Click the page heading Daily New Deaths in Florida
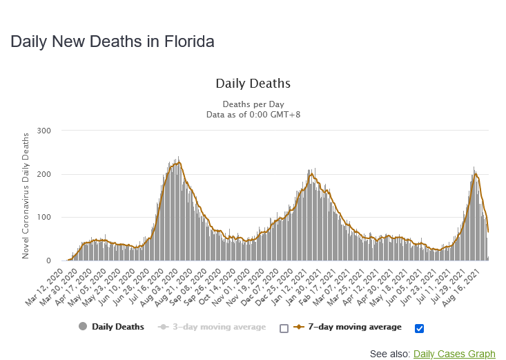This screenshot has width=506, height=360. pyautogui.click(x=113, y=41)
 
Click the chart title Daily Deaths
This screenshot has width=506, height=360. pyautogui.click(x=253, y=84)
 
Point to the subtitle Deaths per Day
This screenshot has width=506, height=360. pyautogui.click(x=253, y=104)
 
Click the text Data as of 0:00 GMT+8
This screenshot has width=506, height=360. pyautogui.click(x=253, y=114)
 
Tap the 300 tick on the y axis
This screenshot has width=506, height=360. pyautogui.click(x=44, y=131)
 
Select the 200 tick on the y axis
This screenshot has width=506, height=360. pyautogui.click(x=44, y=174)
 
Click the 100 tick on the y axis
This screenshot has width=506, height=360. pyautogui.click(x=44, y=218)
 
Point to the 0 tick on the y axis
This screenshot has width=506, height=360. pyautogui.click(x=48, y=261)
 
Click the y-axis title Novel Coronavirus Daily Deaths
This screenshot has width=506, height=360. pyautogui.click(x=26, y=195)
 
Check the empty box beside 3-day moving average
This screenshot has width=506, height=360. pyautogui.click(x=284, y=328)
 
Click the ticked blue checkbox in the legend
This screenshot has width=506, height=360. pyautogui.click(x=419, y=328)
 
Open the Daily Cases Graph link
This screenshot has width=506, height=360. pyautogui.click(x=454, y=354)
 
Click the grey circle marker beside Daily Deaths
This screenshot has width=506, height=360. pyautogui.click(x=84, y=327)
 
